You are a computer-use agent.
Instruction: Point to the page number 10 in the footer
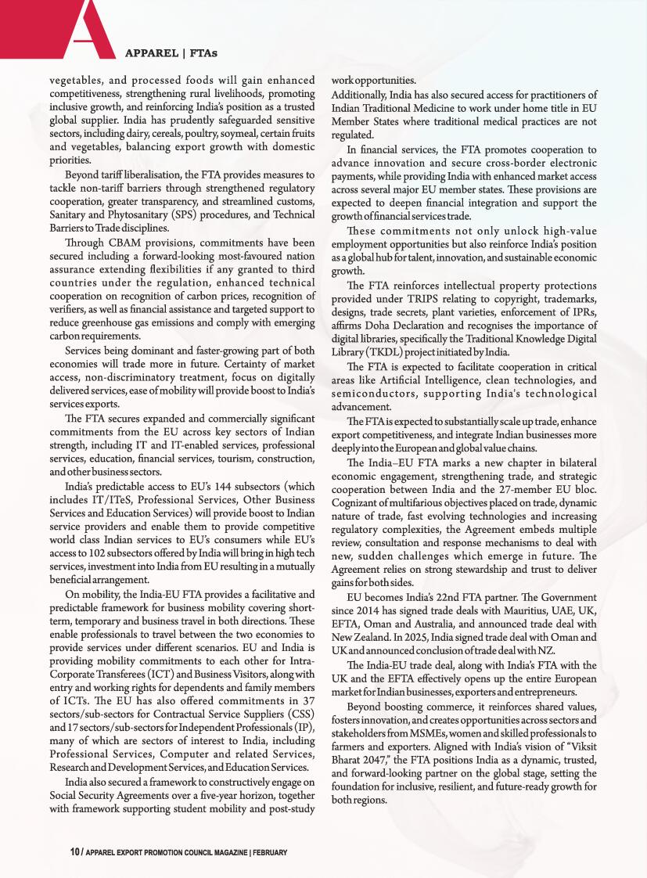coord(74,851)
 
